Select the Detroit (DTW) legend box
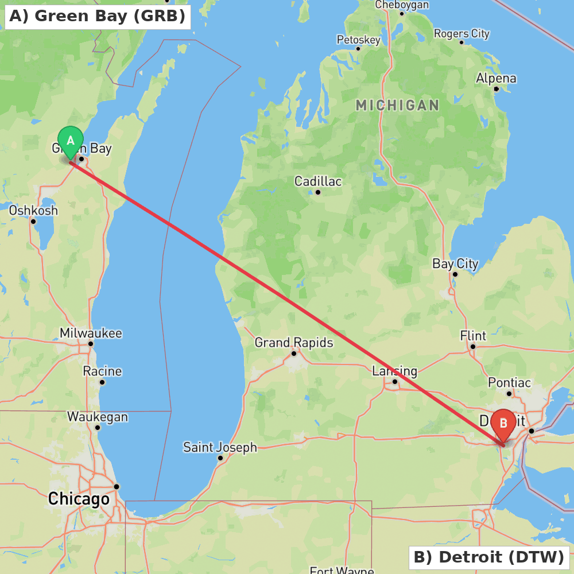coord(488,557)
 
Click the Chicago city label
coord(79,499)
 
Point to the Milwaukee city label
coord(91,333)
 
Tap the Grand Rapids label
coord(293,343)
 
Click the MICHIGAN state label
coord(397,105)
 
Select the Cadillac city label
coord(318,181)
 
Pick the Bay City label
coord(455,263)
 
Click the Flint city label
coord(473,336)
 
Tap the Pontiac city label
coord(509,382)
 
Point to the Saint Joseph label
coord(220,447)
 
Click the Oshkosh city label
coord(33,211)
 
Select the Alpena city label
coord(496,78)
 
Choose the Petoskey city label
coord(358,40)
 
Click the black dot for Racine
coord(102,382)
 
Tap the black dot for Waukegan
coord(98,428)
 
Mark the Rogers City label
coord(461,33)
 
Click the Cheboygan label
coord(402,5)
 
